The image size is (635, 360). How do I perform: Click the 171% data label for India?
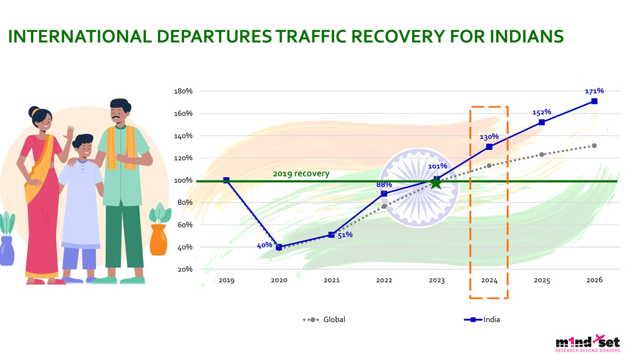pos(594,91)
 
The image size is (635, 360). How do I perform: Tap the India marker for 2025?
pos(542,122)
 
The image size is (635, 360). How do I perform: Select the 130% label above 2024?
pos(489,137)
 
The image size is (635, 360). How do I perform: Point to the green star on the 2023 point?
pos(436,183)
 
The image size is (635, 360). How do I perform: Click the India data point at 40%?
pos(279,247)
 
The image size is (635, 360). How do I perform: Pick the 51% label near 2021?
pos(345,235)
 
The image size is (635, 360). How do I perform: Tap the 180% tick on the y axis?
pos(183,91)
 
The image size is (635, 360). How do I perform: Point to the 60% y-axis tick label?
pos(184,225)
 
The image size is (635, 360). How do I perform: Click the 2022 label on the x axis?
pos(384,280)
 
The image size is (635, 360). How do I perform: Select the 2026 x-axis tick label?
pos(594,280)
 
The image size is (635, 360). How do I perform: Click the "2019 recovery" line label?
pos(301,173)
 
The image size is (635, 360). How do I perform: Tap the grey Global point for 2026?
pos(594,145)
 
